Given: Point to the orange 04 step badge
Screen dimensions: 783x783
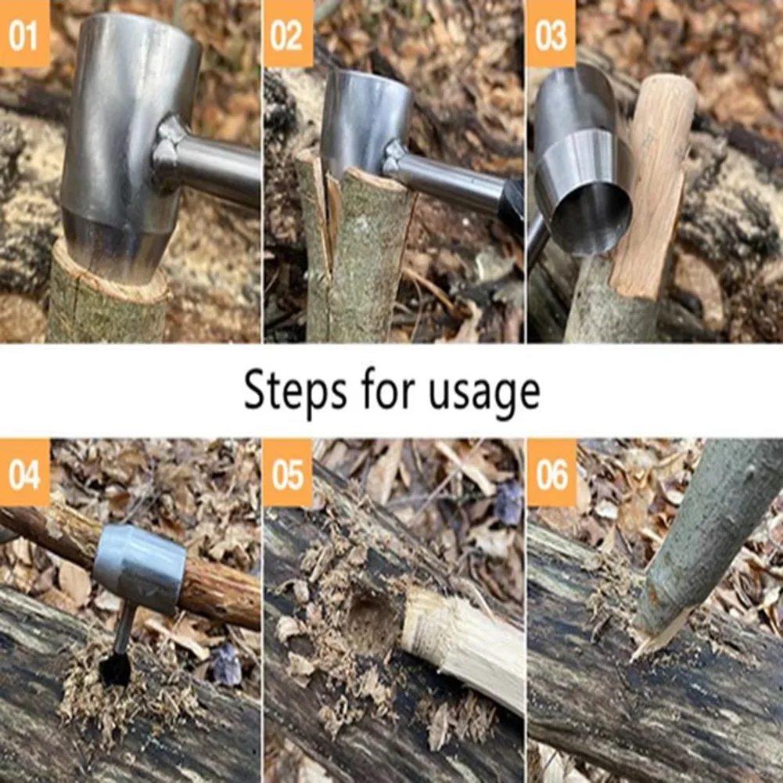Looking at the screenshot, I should [24, 472].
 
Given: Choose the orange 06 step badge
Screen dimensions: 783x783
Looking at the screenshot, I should [551, 472].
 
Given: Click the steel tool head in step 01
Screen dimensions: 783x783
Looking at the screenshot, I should [125, 133].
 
